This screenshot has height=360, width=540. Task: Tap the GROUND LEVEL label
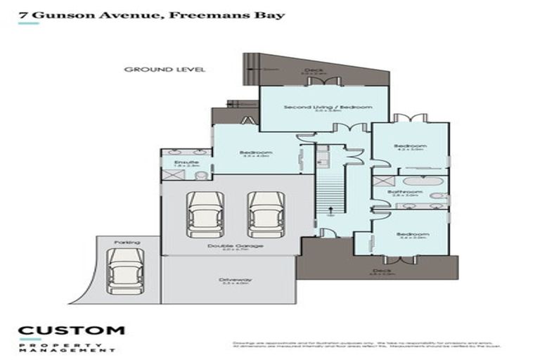coord(164,70)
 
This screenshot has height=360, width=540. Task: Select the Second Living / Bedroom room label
coord(328,107)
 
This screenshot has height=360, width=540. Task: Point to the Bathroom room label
coord(409,191)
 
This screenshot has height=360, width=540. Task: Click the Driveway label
coord(236,280)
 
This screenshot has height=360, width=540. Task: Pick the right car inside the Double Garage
coord(264,214)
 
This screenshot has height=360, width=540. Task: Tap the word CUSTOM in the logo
coord(71,330)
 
